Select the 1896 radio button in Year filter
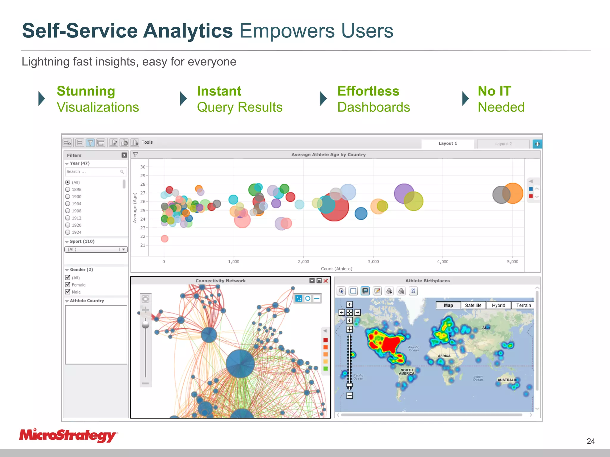click(68, 190)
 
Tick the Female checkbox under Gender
click(68, 285)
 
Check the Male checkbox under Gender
click(68, 292)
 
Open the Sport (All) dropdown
click(96, 249)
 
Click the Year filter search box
click(93, 172)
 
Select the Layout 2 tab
click(503, 144)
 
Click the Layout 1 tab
click(447, 143)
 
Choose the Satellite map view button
click(473, 305)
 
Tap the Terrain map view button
click(523, 305)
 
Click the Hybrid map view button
click(498, 305)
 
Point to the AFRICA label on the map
click(444, 356)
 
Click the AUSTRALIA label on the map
click(507, 380)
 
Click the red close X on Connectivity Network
click(326, 281)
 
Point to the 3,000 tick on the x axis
click(373, 262)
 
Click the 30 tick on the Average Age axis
click(143, 167)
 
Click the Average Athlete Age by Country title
click(328, 154)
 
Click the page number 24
click(591, 441)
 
